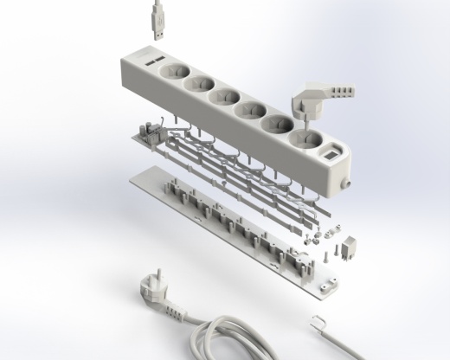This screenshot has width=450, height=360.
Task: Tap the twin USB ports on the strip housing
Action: [155, 62]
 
